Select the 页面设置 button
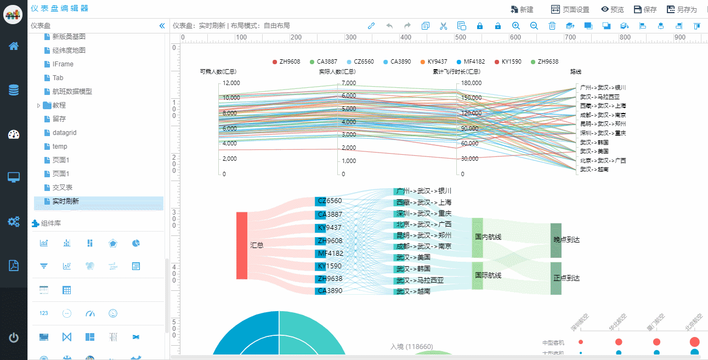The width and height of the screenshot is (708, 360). point(570,9)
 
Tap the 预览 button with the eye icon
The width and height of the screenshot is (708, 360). point(612,9)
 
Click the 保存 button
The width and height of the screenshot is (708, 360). point(645,9)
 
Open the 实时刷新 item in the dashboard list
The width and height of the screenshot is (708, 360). point(66,201)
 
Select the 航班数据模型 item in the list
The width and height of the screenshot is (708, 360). point(72,92)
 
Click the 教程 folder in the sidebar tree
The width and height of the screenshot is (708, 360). point(59,105)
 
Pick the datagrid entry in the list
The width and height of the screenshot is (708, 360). point(64,133)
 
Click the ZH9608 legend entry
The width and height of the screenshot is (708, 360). point(286,61)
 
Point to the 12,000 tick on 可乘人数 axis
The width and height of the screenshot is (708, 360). point(231,83)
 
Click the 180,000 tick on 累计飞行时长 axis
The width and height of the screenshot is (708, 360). point(471,83)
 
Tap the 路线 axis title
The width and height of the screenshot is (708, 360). point(575,71)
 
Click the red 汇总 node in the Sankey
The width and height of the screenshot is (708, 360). point(242,245)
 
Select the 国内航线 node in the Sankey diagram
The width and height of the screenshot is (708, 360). point(477,237)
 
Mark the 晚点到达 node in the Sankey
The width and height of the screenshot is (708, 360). point(556,240)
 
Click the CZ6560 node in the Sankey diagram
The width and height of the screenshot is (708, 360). point(320,201)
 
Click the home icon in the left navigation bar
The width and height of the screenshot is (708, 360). point(14,46)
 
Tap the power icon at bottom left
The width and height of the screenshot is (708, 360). point(14,337)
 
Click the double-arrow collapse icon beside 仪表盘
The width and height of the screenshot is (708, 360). point(162,26)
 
